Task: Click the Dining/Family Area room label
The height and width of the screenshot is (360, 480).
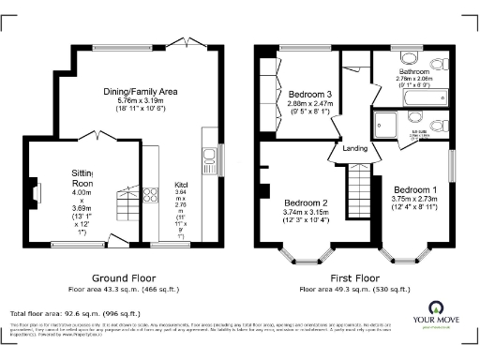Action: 141,91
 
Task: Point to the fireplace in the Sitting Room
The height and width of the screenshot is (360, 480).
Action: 37,194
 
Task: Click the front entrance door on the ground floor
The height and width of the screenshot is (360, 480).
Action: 119,243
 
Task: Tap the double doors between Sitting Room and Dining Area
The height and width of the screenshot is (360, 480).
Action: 97,137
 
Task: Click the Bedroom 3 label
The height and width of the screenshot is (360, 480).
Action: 309,95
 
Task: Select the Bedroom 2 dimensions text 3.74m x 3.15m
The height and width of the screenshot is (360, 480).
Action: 306,212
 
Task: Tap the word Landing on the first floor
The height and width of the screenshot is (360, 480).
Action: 354,148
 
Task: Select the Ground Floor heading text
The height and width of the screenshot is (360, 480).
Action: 122,278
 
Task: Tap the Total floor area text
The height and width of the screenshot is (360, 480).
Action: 75,313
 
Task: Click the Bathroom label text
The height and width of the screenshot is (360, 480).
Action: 414,71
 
